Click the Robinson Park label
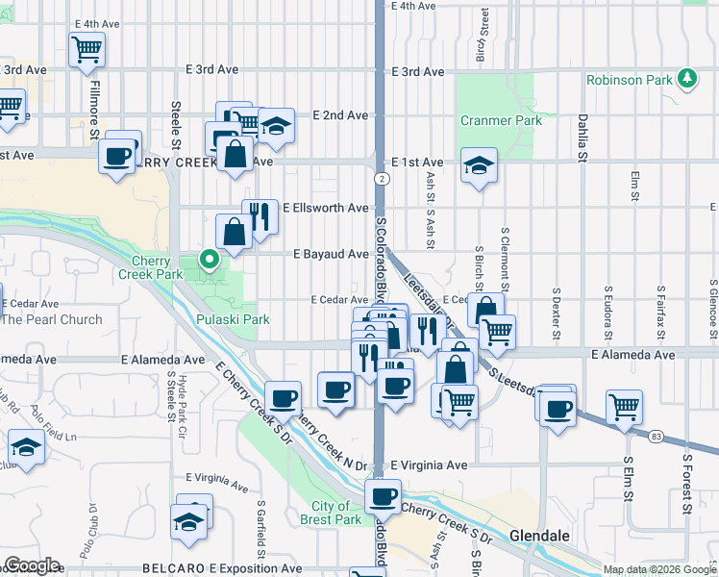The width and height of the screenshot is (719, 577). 630,81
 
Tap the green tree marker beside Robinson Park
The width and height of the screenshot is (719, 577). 688,78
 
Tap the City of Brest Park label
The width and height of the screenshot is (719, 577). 336,513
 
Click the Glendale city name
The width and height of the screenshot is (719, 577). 540,535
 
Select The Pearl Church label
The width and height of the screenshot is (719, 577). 51,319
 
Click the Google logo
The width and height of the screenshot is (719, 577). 32,565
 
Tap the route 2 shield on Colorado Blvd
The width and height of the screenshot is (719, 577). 382,179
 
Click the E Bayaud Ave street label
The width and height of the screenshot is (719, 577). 331,254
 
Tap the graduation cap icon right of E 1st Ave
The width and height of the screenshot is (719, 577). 479,165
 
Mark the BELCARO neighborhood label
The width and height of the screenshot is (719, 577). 175,569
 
